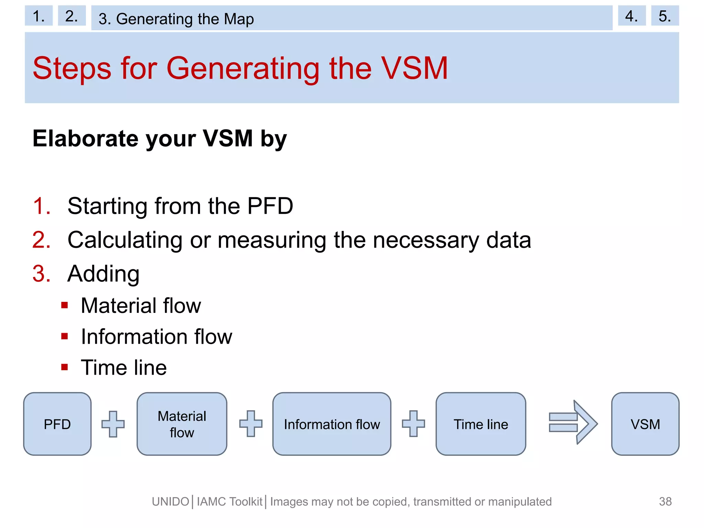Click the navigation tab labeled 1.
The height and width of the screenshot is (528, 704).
pos(38,16)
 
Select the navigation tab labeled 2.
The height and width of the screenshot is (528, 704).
pos(71,16)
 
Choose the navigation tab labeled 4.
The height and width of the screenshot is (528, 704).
pos(631,16)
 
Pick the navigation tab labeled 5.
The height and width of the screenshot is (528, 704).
pos(665,16)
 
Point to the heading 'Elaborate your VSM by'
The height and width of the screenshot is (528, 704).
pos(159,139)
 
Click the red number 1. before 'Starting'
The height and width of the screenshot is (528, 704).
pos(42,206)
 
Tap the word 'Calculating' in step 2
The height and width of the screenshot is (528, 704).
pos(125,240)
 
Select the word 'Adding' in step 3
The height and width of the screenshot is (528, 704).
pos(103,274)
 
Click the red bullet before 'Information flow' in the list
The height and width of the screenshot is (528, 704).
pos(65,336)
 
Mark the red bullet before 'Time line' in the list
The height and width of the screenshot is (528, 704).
pos(65,367)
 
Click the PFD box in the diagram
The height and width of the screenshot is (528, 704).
pos(57,424)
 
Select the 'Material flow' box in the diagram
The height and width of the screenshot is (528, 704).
pos(182,424)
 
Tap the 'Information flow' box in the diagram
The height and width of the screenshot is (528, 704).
pos(332,424)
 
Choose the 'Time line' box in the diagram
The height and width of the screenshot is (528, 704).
pos(481,424)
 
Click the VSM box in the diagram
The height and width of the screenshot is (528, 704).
pos(645,424)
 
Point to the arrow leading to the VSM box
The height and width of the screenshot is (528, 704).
pos(573,422)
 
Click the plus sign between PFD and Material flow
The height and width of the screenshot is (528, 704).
pos(113,424)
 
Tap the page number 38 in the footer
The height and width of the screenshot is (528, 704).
pos(665,501)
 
